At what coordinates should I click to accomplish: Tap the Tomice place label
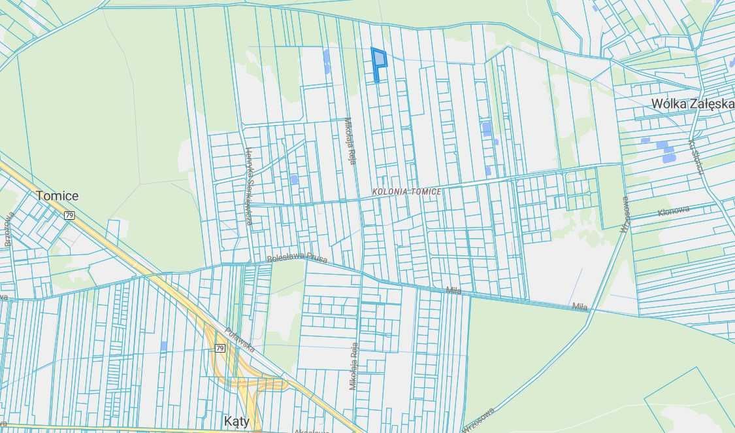pyautogui.click(x=57, y=196)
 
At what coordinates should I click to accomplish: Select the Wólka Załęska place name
pyautogui.click(x=692, y=104)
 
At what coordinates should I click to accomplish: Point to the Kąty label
pyautogui.click(x=236, y=421)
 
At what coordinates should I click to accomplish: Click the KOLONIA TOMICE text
pyautogui.click(x=406, y=192)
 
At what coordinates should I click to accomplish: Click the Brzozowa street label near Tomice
pyautogui.click(x=8, y=228)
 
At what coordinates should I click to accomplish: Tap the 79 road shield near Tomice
pyautogui.click(x=69, y=215)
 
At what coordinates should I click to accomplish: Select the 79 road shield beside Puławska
pyautogui.click(x=220, y=348)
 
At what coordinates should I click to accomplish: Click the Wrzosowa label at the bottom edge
pyautogui.click(x=478, y=419)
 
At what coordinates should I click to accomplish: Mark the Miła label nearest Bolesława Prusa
pyautogui.click(x=453, y=290)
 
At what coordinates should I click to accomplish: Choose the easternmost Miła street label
pyautogui.click(x=579, y=306)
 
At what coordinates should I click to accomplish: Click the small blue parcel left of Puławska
pyautogui.click(x=163, y=345)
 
